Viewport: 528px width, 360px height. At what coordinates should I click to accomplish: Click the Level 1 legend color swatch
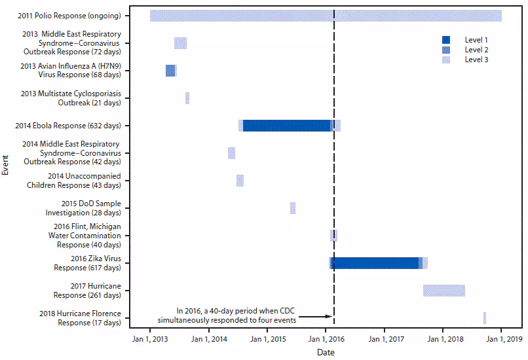pos(446,39)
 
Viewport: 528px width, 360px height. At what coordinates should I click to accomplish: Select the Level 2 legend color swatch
pos(446,49)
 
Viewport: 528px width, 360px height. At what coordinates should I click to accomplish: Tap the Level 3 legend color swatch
pos(446,60)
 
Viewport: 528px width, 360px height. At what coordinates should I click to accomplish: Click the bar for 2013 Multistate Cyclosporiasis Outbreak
pos(187,98)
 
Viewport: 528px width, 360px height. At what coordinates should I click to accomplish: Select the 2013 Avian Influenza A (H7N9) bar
pos(171,71)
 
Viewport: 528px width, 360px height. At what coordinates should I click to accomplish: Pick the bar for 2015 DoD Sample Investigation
pos(293,208)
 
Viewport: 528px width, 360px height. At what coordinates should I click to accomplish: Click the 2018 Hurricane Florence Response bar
pos(485,318)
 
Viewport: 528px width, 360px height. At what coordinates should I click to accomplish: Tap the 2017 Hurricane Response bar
pos(444,291)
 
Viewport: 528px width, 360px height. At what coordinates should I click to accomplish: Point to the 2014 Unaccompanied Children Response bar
pos(240,181)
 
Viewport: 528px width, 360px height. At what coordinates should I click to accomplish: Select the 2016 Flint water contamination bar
pos(333,236)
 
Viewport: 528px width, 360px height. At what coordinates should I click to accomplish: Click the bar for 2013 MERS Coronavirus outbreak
pos(180,43)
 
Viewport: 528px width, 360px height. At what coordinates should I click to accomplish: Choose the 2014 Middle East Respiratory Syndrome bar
pos(231,153)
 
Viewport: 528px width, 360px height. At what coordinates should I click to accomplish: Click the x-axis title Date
pos(326,352)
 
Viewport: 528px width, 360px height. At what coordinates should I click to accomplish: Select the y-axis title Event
pos(6,164)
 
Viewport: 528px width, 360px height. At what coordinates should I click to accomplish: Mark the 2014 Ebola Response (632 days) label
pos(81,126)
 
